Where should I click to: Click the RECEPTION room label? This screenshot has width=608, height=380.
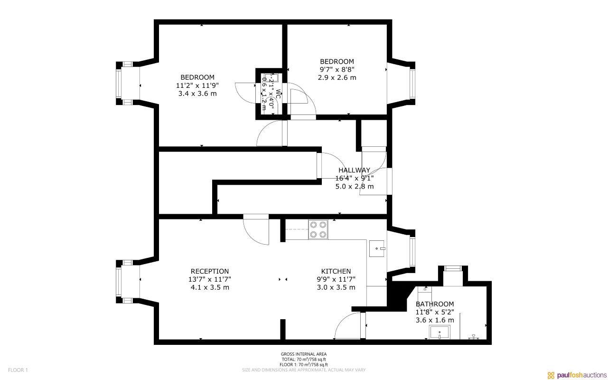coord(210,271)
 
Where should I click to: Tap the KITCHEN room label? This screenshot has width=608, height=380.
coord(336,271)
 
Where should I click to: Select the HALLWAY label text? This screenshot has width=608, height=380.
coord(354,170)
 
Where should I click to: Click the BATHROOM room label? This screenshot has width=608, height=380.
coord(435,304)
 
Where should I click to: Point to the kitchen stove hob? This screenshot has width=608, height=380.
coord(318,229)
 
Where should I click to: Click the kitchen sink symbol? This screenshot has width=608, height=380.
coord(377,248)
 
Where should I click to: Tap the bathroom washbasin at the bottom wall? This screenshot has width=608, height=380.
coord(440,332)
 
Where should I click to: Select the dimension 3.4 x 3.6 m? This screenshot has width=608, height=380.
coord(197,94)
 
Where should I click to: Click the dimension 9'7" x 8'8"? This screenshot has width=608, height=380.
coord(337,69)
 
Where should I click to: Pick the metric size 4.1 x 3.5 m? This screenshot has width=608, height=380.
coord(210,287)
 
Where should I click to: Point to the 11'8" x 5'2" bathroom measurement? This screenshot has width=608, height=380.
coord(435,312)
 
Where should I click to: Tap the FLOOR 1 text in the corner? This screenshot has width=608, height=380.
coord(19,370)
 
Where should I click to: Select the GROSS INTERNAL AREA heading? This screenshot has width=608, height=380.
coord(304,354)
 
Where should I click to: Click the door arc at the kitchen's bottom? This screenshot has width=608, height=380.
coord(348,327)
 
